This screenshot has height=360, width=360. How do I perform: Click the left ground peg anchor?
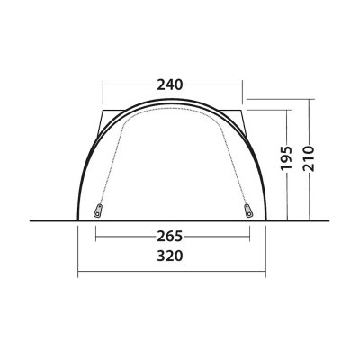click(97, 213)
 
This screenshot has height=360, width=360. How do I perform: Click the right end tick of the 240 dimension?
click(243, 85)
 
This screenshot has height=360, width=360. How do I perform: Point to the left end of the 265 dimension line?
click(97, 237)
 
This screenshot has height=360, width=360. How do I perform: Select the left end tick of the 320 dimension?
click(77, 270)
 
